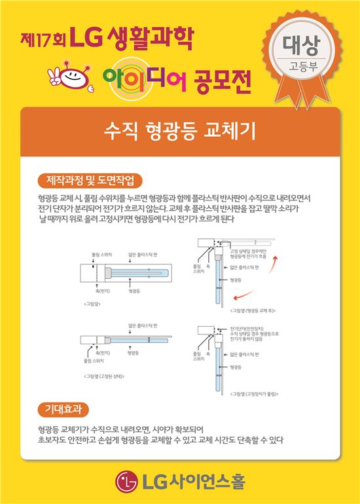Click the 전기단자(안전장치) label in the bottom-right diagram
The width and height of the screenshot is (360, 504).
246,327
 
